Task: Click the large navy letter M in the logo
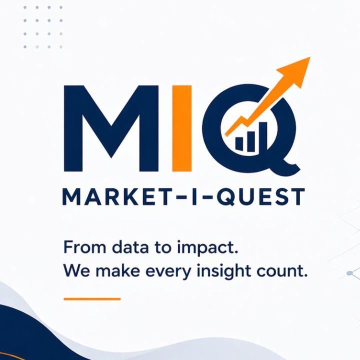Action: [111, 128]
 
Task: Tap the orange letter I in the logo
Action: [182, 128]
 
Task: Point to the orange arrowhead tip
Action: [310, 57]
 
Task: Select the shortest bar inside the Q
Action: [239, 143]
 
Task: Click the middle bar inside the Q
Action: [251, 141]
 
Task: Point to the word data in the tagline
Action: [131, 247]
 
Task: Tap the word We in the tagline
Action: [76, 270]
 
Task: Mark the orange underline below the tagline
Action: [92, 299]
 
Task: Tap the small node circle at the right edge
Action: [349, 273]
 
